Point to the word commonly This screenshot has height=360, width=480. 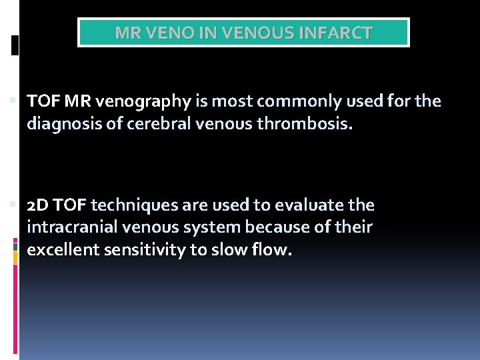click(286, 101)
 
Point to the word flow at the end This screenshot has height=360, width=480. click(273, 251)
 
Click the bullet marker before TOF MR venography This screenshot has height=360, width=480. click(15, 101)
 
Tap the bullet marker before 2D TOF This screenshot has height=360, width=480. click(15, 205)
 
